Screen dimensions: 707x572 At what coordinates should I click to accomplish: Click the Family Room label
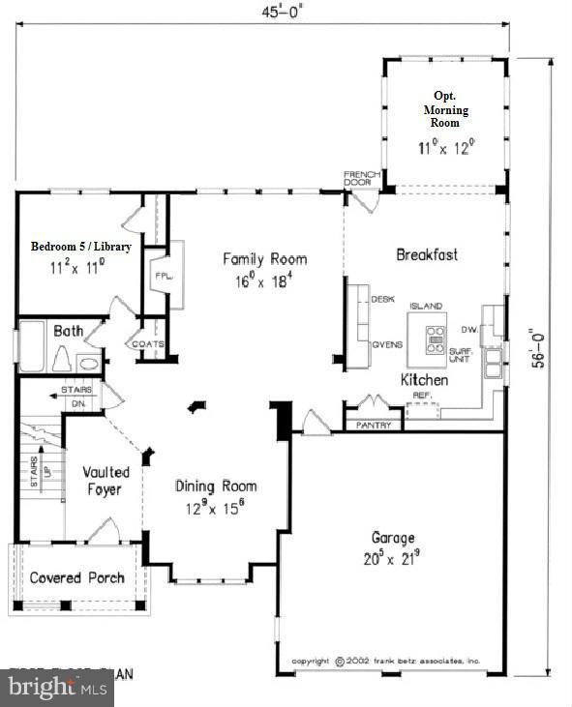pos(264,258)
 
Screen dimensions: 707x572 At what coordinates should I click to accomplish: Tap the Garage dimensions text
pos(392,557)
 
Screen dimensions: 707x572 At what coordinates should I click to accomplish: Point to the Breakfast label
pos(426,254)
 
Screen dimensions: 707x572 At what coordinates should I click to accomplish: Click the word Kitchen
pos(424,380)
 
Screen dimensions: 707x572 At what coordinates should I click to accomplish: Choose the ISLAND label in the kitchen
pos(425,306)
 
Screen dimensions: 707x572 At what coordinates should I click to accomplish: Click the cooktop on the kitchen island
pos(436,336)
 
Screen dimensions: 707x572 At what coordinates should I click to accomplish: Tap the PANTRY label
pos(373,425)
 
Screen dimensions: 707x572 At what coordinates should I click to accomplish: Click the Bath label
pos(68,331)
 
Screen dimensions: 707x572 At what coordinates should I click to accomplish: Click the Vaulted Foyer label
pos(105,481)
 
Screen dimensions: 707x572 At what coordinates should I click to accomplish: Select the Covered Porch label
pos(76,578)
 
